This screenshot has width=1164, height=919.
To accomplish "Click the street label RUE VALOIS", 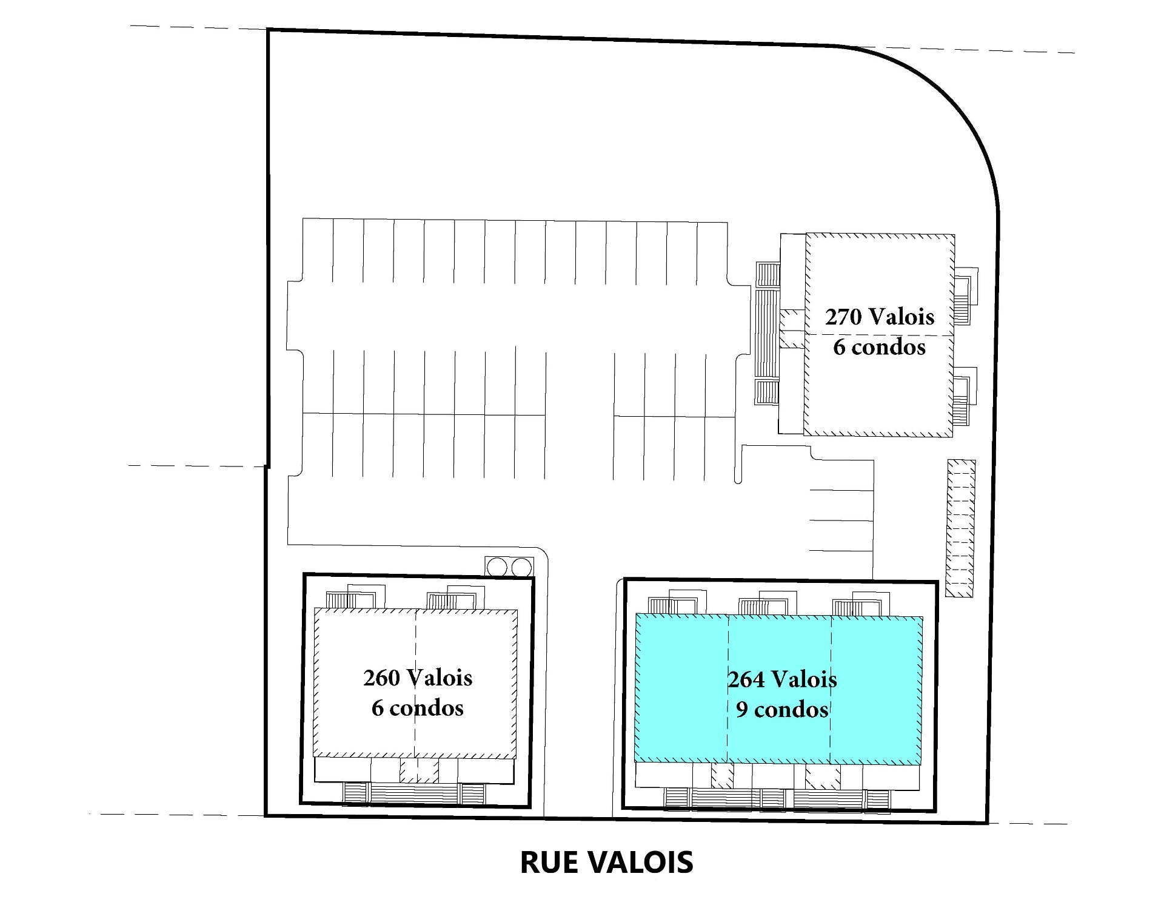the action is click(606, 862).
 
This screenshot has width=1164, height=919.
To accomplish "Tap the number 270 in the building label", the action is click(843, 317).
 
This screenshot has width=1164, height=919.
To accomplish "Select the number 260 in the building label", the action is click(381, 678).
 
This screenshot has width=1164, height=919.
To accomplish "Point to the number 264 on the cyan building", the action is click(746, 679).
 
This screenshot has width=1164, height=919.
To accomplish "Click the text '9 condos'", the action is click(782, 709).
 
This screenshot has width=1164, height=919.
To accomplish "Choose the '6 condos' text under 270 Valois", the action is click(879, 347).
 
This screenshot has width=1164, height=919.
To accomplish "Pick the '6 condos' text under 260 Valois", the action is click(418, 708).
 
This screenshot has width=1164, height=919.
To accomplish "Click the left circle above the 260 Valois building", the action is click(497, 567).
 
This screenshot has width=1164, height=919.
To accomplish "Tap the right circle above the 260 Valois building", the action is click(521, 567).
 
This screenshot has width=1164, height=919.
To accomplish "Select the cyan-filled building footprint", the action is click(778, 688).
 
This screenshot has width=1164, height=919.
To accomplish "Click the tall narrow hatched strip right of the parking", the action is click(962, 528).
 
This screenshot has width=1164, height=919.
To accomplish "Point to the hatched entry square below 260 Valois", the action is click(418, 771).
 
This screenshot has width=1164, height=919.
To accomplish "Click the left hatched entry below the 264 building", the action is click(722, 775).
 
